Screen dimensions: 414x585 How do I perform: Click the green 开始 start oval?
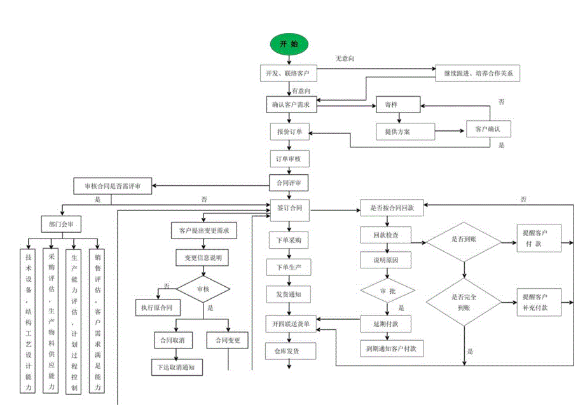[x=289, y=44]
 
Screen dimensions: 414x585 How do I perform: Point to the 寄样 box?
[x=397, y=104]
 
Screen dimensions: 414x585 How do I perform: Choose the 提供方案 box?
[x=397, y=132]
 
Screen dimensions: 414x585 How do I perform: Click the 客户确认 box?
[x=488, y=129]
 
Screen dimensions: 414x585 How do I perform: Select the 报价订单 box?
[x=289, y=132]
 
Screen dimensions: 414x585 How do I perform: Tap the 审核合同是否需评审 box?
[x=113, y=186]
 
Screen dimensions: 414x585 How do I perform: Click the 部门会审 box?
[x=60, y=224]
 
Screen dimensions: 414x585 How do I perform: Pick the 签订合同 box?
[x=289, y=208]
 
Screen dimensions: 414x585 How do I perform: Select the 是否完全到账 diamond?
[x=464, y=301]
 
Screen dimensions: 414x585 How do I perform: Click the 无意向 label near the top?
[x=345, y=59]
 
